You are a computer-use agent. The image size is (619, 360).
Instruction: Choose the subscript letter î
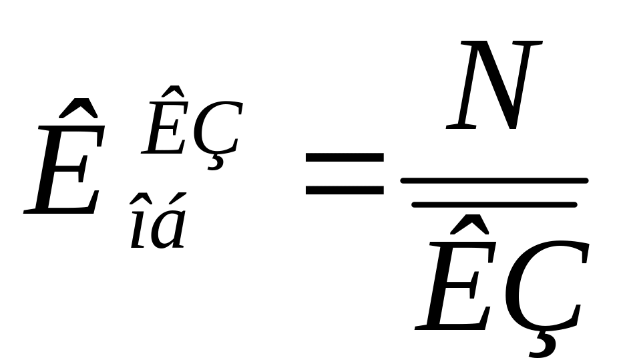(x=138, y=229)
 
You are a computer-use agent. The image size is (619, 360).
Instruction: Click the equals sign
(x=345, y=174)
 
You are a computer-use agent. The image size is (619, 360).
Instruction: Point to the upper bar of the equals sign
(x=345, y=158)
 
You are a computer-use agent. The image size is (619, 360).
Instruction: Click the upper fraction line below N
(x=493, y=180)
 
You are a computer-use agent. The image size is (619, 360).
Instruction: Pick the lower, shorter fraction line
(x=493, y=204)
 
